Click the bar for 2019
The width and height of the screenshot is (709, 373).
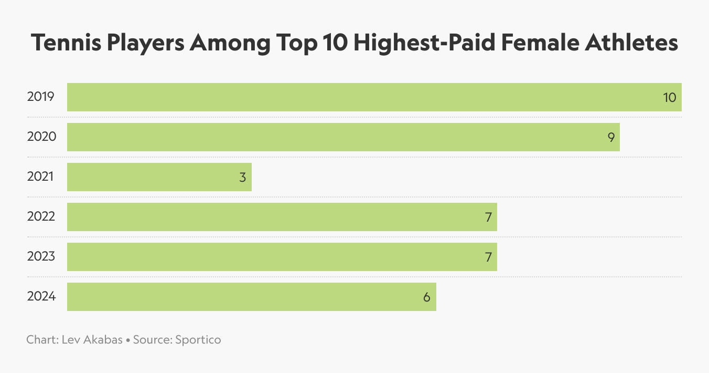click(367, 97)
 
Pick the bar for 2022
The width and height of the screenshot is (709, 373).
click(282, 217)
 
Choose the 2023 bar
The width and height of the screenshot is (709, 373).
click(282, 257)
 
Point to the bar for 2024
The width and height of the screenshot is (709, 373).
click(251, 297)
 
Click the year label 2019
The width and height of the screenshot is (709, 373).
click(40, 97)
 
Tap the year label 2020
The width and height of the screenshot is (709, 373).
click(41, 137)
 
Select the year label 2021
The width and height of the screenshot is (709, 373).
click(40, 177)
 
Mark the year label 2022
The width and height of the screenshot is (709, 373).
click(41, 217)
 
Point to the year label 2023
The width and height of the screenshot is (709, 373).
click(41, 257)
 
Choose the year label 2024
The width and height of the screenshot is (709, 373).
click(41, 297)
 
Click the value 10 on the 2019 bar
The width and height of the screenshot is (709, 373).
click(670, 97)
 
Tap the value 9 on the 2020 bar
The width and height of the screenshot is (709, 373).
click(611, 137)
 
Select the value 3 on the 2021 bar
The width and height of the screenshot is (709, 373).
click(242, 177)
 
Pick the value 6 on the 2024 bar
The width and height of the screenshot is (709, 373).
click(427, 297)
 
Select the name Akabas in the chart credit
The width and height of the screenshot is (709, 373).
click(103, 340)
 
